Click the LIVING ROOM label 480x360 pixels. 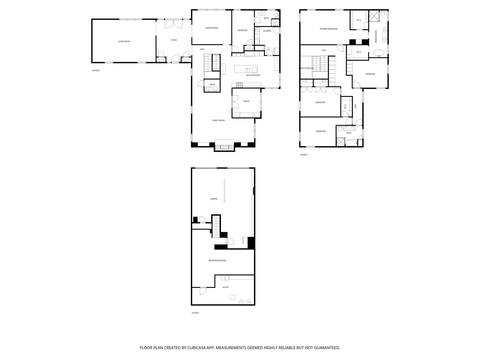(x=124, y=42)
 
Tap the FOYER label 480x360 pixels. (x=174, y=40)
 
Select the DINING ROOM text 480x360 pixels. (x=212, y=28)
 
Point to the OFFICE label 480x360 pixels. (x=246, y=101)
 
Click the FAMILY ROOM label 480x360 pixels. (x=218, y=120)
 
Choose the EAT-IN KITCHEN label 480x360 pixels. (x=253, y=75)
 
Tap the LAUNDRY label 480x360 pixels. (x=267, y=31)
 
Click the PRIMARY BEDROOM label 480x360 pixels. (x=328, y=29)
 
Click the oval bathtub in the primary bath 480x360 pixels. (x=379, y=53)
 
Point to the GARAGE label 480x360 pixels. (x=214, y=199)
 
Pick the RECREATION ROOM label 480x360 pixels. (x=217, y=260)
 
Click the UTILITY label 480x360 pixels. (x=225, y=287)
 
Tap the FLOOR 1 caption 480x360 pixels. (x=195, y=313)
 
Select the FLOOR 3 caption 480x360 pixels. (x=304, y=155)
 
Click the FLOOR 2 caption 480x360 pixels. (x=96, y=71)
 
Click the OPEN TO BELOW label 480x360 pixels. (x=306, y=68)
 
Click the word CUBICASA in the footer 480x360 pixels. (x=196, y=348)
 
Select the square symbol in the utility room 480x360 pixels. (x=233, y=297)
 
